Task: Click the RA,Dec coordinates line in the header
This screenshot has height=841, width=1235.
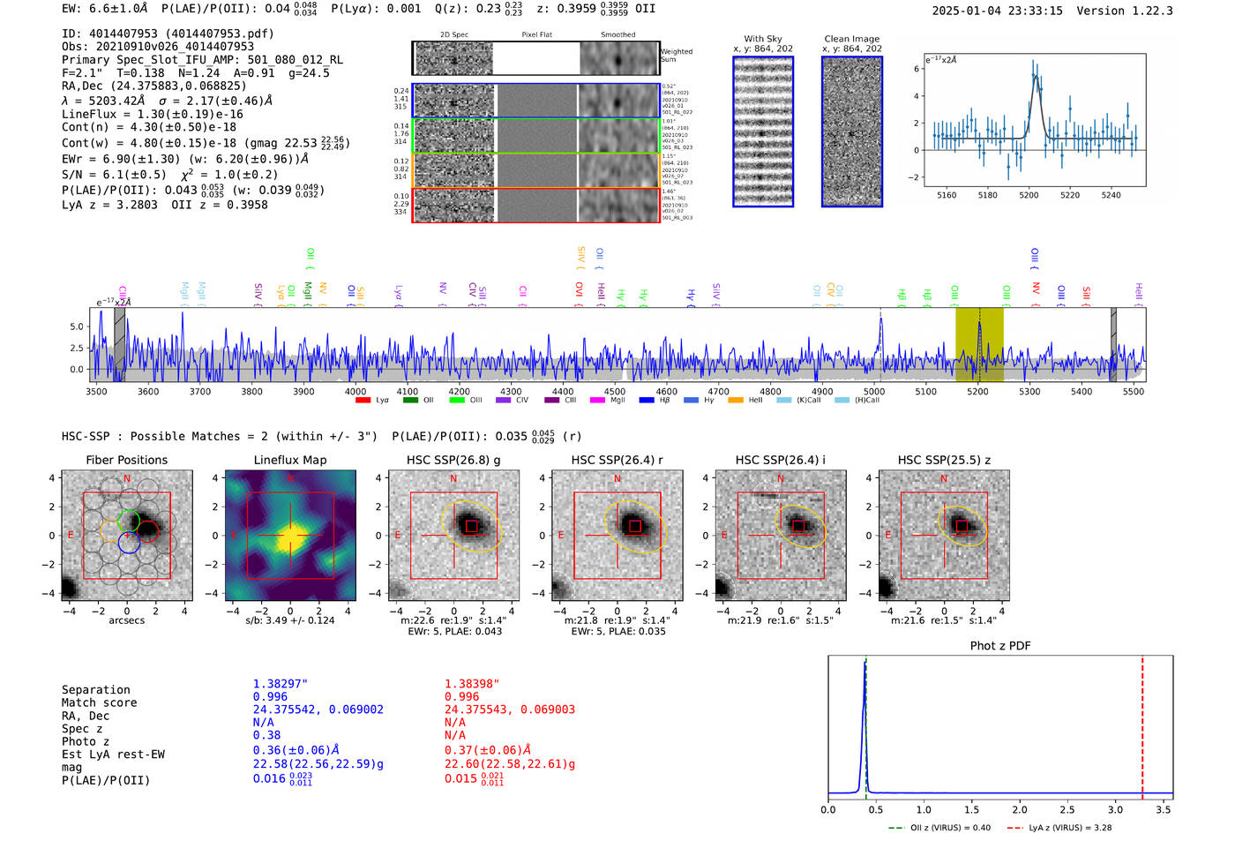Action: pos(153,86)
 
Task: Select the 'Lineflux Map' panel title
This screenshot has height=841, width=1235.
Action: pos(289,460)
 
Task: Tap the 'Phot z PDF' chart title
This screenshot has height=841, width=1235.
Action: pos(999,645)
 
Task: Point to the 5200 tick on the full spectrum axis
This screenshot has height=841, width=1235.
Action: pos(977,391)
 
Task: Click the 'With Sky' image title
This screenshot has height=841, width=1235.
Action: pos(762,39)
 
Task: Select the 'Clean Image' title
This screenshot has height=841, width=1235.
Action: pos(851,39)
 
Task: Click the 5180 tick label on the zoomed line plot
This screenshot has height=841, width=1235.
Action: pos(987,195)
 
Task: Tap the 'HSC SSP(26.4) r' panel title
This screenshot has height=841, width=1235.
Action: pos(617,460)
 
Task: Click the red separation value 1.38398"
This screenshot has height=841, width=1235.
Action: pos(472,684)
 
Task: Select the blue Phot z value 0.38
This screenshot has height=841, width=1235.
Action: pos(266,735)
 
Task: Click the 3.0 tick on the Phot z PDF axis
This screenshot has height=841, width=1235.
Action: pos(1115,809)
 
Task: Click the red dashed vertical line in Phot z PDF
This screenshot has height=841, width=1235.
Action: pos(1142,724)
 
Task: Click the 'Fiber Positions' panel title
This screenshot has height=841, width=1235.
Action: pos(126,460)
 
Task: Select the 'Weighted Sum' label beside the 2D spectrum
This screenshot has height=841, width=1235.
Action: pos(676,56)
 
